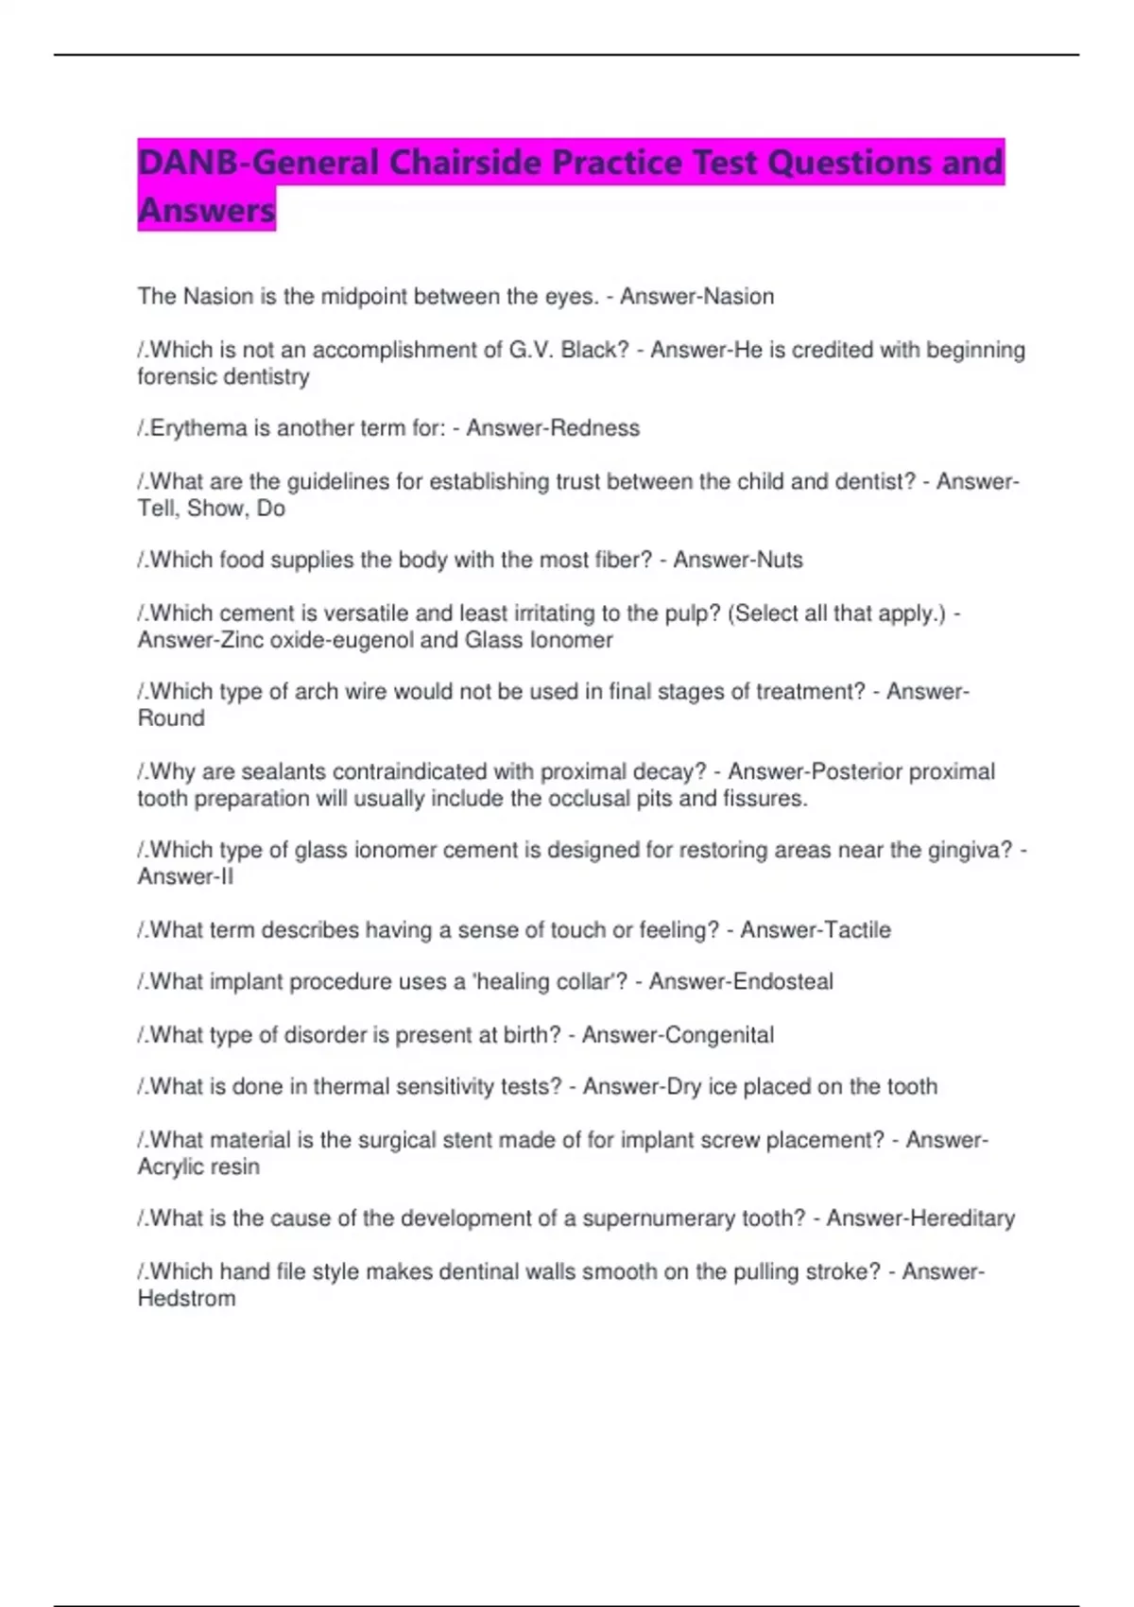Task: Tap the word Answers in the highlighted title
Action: (x=206, y=210)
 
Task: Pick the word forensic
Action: (x=177, y=376)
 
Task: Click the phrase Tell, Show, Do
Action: (x=212, y=509)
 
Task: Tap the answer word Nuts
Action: (x=781, y=560)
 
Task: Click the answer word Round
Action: (x=171, y=718)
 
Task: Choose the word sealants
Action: (x=283, y=771)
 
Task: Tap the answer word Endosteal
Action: (x=783, y=981)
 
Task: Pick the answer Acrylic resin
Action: (x=198, y=1166)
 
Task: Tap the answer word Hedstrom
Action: (x=187, y=1299)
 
